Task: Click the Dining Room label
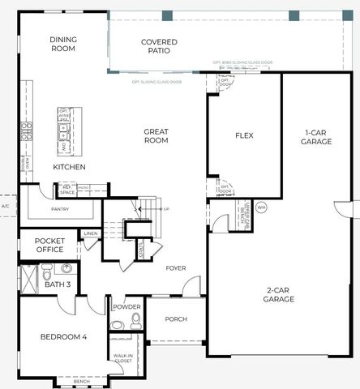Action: [x=62, y=44]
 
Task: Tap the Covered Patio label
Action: [x=160, y=47]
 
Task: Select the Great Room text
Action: [x=156, y=135]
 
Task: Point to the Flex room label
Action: [x=244, y=135]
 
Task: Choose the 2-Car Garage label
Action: [x=278, y=294]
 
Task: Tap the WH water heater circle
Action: [x=261, y=207]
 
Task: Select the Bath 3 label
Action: [x=57, y=284]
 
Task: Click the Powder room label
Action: [x=127, y=307]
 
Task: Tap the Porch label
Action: [x=176, y=318]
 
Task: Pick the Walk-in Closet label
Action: [x=123, y=357]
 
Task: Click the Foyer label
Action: [x=176, y=268]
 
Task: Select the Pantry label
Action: [x=59, y=209]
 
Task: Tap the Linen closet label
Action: [x=90, y=234]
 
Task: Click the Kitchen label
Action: [x=69, y=167]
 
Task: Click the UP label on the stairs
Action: [x=167, y=208]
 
